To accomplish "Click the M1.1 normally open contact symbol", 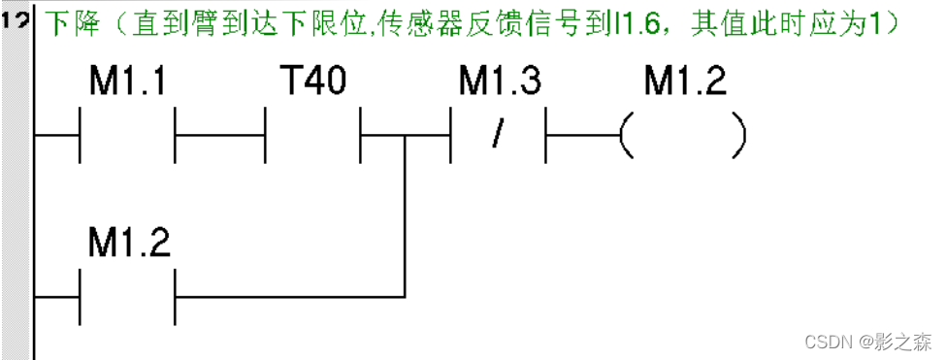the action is point(127,137).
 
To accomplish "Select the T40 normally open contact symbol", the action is point(312,137).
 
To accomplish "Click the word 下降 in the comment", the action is point(62,22).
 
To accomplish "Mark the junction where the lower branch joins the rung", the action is point(406,137).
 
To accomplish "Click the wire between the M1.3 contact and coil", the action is point(582,137).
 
